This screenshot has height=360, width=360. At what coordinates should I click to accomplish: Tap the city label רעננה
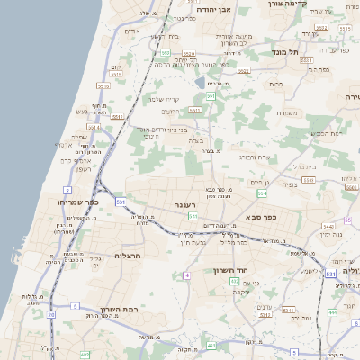[x=186, y=205]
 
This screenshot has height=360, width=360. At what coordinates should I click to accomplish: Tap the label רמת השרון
[x=118, y=309]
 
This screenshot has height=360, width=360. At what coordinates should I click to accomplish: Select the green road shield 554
[x=263, y=193]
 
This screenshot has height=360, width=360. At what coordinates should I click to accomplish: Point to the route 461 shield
[x=211, y=345]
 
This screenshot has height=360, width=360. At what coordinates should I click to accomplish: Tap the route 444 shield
[x=332, y=312]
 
